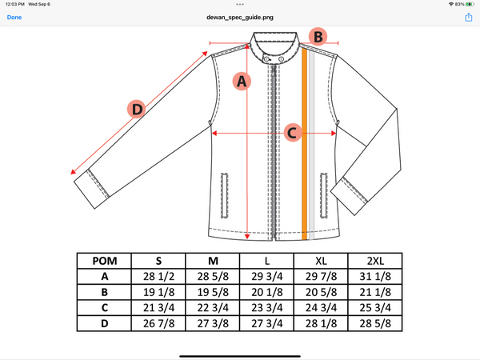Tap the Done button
point(14,17)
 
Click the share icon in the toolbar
point(466,17)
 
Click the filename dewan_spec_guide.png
point(240,17)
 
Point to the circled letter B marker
point(318,36)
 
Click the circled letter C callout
point(293,132)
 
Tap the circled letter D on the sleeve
point(138,110)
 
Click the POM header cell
point(104,261)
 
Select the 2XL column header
point(374,261)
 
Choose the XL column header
point(320,261)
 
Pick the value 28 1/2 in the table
point(158,276)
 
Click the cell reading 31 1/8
point(374,276)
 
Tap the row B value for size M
point(212,292)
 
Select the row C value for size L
point(266,308)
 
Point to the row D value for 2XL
point(374,324)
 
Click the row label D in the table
point(104,324)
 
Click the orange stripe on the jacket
point(305,144)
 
